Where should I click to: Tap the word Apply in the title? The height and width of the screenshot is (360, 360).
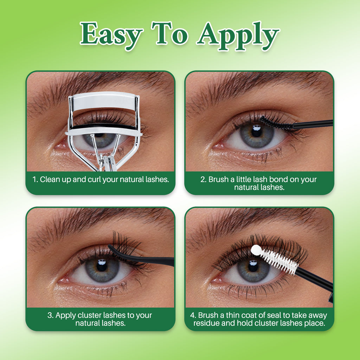(x=238, y=36)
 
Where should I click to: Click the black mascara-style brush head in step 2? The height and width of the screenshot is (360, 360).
(x=276, y=123)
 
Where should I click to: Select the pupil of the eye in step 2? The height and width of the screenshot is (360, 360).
(x=256, y=132)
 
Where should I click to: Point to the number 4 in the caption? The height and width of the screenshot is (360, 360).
(x=192, y=315)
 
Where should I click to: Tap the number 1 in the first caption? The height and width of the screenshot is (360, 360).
(x=34, y=179)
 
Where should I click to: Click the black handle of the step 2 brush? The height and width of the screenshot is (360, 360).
(x=313, y=124)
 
